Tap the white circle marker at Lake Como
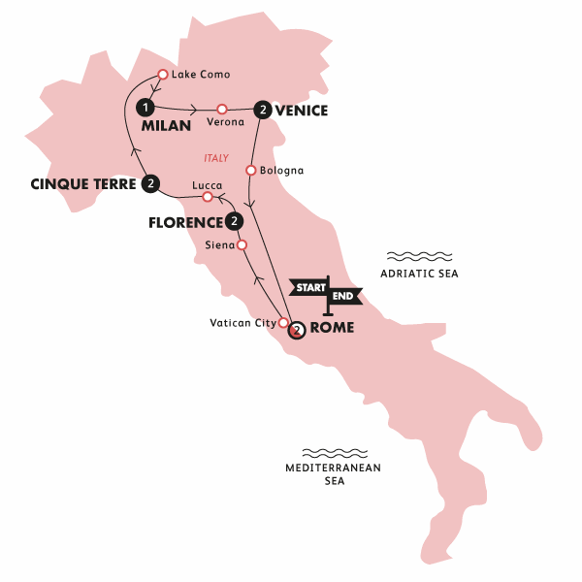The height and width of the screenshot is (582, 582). pos(163,75)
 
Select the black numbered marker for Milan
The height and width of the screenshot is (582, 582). pos(145,107)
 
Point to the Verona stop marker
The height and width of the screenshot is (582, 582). pos(222,109)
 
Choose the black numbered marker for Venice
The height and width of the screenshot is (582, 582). pos(262,110)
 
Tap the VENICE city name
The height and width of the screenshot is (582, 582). pos(302,111)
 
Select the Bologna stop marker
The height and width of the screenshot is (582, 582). pos(251,172)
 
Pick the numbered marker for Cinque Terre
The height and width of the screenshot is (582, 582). pos(150,182)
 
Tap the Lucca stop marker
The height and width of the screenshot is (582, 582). pos(207,198)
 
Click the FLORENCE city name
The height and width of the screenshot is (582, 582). pos(185,222)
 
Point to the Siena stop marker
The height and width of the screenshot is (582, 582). pos(242,245)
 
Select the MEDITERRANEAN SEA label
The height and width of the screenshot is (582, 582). pos(334,473)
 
